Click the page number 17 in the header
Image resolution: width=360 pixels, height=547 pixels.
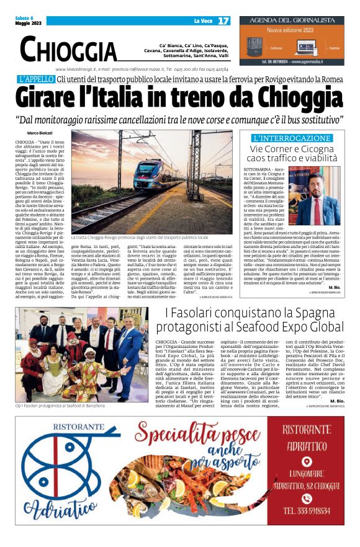[x=223, y=20]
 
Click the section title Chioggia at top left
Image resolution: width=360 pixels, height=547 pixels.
[x=68, y=49]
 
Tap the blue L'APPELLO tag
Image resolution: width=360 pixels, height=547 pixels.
[x=35, y=79]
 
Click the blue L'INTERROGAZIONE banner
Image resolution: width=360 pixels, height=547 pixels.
[x=291, y=138]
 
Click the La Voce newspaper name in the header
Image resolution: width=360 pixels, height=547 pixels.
[x=203, y=20]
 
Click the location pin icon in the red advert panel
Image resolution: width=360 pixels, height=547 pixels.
[x=306, y=461]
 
